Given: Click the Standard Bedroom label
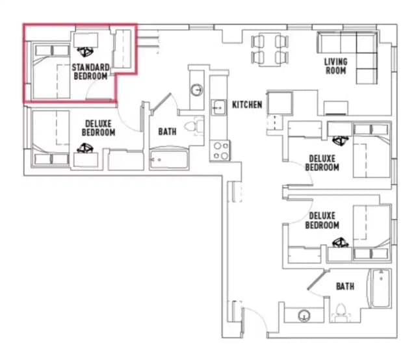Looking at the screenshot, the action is (x=91, y=71).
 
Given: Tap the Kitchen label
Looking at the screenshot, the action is (x=247, y=105).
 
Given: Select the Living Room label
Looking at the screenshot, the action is (x=335, y=66).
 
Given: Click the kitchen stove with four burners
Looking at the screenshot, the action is (x=220, y=150).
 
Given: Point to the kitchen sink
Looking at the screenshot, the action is (x=219, y=107).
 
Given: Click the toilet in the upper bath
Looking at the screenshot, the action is (x=194, y=126).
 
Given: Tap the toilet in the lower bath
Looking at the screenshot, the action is (x=341, y=313).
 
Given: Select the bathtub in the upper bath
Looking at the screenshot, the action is (x=169, y=159).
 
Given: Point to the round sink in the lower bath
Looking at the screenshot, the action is (x=304, y=316).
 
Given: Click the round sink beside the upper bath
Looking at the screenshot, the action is (x=197, y=90).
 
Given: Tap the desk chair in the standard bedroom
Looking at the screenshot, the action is (x=85, y=51).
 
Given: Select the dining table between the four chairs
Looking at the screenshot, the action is (x=270, y=49).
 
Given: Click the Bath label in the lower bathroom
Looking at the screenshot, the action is (x=345, y=287).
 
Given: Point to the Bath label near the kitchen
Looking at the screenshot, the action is (x=167, y=131).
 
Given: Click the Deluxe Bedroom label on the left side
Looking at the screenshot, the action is (x=98, y=128).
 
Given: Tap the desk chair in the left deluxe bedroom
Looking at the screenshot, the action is (x=85, y=148).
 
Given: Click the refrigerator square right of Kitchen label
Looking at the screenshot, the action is (x=280, y=103).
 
